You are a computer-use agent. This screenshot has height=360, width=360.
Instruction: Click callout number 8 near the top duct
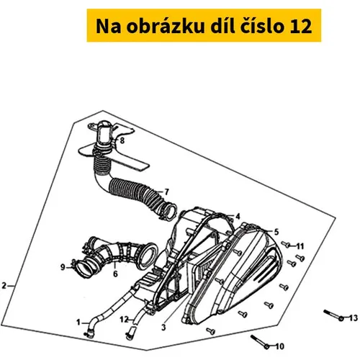pos(122,140)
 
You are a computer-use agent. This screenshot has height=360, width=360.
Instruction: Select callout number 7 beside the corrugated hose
pos(166,192)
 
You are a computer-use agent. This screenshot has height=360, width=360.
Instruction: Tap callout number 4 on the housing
pos(238,217)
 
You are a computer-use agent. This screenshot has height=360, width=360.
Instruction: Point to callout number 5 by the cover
pos(276,232)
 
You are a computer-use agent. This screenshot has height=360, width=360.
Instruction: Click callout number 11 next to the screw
pos(300,246)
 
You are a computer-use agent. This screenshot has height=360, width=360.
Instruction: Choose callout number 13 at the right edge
pos(353,318)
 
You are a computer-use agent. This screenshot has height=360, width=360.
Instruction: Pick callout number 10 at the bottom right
pos(279,346)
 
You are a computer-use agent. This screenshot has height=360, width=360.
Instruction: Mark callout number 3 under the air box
pos(163,327)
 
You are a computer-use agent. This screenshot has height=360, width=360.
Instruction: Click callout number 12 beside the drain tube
pos(125,320)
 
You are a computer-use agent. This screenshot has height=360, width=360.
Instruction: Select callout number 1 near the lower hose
pos(78,323)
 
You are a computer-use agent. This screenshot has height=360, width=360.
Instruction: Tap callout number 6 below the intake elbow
pos(115,274)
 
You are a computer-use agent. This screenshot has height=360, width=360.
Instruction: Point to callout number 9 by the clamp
pos(63,267)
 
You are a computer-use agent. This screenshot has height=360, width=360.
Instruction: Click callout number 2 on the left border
pos(4,286)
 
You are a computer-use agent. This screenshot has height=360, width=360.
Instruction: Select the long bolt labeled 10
pos(260,342)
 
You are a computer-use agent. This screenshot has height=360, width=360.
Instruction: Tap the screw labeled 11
pos(286,244)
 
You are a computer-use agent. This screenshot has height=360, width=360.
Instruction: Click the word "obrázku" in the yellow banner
pos(166,26)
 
